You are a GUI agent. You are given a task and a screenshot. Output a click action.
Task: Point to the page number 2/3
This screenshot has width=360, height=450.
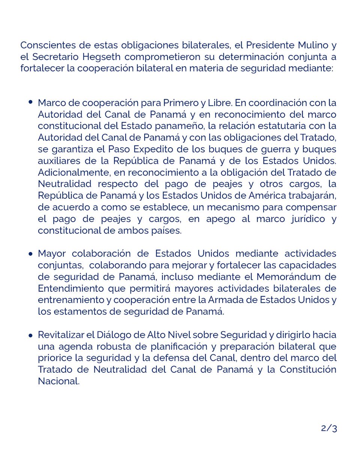tap(329, 429)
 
